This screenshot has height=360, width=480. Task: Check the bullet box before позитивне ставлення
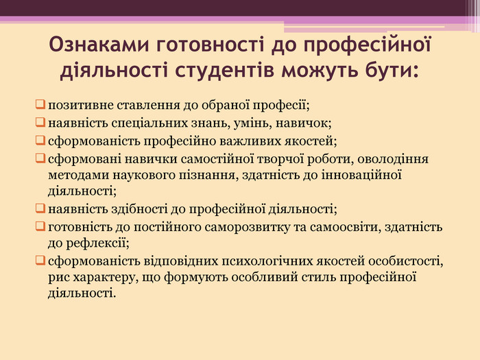[40, 106]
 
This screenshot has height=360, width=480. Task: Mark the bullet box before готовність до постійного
[40, 227]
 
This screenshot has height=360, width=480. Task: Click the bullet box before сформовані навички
[40, 160]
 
